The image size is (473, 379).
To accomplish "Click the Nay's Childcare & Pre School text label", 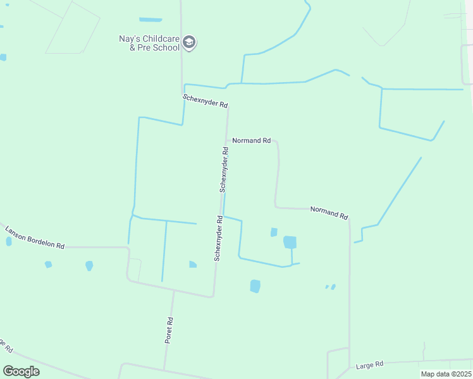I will click(x=150, y=43).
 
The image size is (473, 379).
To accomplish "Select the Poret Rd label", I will click(x=169, y=330).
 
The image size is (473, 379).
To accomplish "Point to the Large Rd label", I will click(x=370, y=365).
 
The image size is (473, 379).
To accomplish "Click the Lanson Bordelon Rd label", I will click(x=35, y=237).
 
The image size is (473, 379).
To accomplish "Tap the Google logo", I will click(x=21, y=371).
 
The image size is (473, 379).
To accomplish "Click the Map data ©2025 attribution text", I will click(x=446, y=374).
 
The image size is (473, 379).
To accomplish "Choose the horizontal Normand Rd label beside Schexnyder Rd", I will click(x=251, y=140).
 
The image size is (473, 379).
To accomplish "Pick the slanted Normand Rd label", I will click(x=329, y=213).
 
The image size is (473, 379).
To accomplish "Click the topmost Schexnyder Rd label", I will click(x=205, y=101).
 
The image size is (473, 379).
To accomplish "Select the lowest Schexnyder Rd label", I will click(x=218, y=239).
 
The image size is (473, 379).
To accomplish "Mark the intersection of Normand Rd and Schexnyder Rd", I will click(x=227, y=140).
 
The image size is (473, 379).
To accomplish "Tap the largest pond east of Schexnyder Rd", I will click(x=290, y=242).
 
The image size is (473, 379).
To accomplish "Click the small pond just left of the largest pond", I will click(x=274, y=232).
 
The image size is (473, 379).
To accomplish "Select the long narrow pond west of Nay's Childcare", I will click(x=150, y=20).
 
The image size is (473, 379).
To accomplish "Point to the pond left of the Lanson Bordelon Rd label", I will click(x=9, y=241).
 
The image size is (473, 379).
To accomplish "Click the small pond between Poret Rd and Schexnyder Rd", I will click(x=192, y=265).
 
